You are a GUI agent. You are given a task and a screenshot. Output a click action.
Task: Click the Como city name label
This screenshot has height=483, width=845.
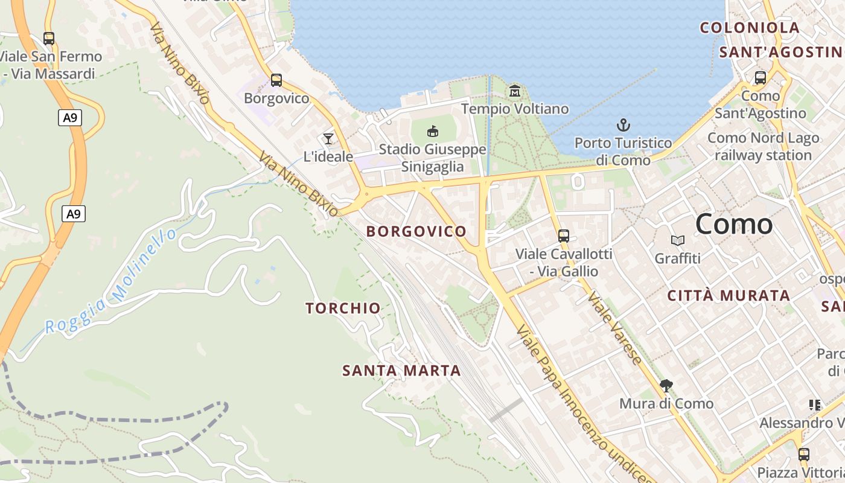734,225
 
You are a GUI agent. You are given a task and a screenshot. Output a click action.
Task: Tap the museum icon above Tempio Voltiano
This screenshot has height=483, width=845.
515,91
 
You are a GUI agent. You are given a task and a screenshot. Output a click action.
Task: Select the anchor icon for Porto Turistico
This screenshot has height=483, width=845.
623,126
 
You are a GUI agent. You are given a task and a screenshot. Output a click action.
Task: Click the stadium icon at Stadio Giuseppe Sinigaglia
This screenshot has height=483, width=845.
433,131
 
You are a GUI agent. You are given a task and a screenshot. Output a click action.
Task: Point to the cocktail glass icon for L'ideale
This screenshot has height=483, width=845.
328,139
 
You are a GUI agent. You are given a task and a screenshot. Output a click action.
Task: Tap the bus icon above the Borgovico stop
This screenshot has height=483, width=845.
276,80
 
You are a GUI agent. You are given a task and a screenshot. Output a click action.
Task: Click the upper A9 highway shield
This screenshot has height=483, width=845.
71,117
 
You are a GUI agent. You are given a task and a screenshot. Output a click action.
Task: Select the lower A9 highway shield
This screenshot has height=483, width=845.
73,213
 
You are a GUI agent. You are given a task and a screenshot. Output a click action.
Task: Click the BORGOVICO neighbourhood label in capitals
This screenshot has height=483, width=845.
416,231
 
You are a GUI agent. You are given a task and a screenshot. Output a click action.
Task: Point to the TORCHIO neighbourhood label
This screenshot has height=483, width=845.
343,309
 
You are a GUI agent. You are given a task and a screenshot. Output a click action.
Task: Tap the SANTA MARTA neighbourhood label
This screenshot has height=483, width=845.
401,371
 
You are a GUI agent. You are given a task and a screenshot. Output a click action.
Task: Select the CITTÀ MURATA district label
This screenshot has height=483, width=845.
729,296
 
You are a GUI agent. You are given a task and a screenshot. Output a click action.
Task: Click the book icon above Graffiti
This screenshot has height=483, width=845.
678,241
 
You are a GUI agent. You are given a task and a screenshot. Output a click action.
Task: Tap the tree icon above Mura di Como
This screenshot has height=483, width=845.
666,385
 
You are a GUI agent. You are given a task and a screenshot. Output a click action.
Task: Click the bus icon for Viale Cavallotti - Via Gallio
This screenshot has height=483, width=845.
564,236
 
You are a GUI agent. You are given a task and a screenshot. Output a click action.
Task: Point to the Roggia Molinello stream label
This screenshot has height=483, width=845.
112,283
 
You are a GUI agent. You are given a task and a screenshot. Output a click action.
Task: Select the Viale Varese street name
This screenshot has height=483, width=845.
616,328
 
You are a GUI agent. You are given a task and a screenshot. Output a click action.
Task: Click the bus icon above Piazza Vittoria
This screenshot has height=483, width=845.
803,454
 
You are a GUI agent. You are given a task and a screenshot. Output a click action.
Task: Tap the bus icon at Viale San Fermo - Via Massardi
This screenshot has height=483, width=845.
49,39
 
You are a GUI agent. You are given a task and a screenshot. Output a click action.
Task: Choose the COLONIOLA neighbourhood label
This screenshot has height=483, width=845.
750,28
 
